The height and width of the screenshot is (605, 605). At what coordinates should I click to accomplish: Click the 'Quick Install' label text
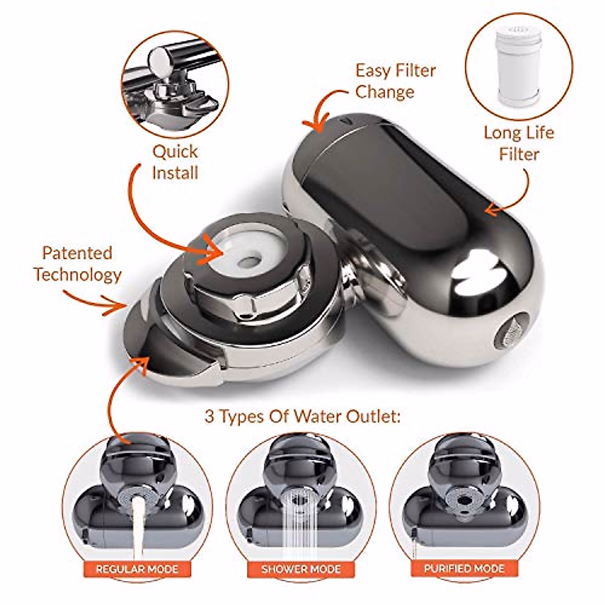coord(175,162)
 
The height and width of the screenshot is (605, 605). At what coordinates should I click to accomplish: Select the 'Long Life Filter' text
coord(519,143)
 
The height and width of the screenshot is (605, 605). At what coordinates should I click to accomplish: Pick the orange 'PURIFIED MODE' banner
coord(464,569)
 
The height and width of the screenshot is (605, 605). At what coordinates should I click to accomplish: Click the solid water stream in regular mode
coord(135,524)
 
